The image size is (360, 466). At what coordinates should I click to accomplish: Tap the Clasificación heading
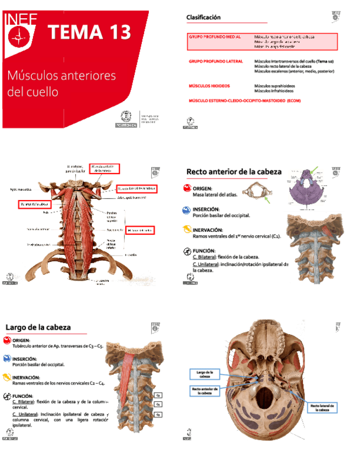(203, 18)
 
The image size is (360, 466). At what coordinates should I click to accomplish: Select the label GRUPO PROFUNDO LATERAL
(215, 62)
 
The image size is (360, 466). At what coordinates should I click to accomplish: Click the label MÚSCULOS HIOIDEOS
(209, 86)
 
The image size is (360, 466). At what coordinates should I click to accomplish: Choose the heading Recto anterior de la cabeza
(234, 172)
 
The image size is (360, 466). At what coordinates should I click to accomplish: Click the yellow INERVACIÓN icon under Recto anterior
(189, 231)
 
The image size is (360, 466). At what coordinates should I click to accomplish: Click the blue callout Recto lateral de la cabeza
(323, 408)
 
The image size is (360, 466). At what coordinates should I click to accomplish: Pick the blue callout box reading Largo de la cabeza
(204, 374)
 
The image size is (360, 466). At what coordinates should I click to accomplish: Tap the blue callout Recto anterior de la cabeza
(205, 391)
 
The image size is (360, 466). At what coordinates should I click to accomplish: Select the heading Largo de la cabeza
(38, 328)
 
